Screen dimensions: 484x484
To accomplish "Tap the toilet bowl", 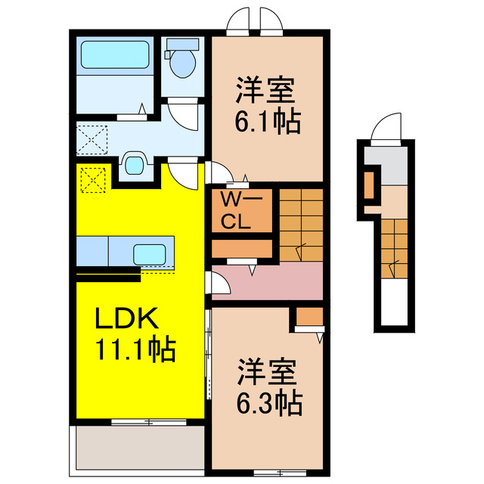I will pos(182,62).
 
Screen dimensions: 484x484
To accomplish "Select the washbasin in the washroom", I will pos(135,163).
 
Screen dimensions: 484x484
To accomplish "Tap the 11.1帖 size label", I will pos(135,349).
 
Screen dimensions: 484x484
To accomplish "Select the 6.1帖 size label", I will pos(268,120).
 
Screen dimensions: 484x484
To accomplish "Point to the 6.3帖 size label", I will pos(268,402).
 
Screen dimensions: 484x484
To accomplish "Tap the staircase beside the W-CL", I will pos(301,224).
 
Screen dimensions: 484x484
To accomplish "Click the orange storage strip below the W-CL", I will pos(241,248).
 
